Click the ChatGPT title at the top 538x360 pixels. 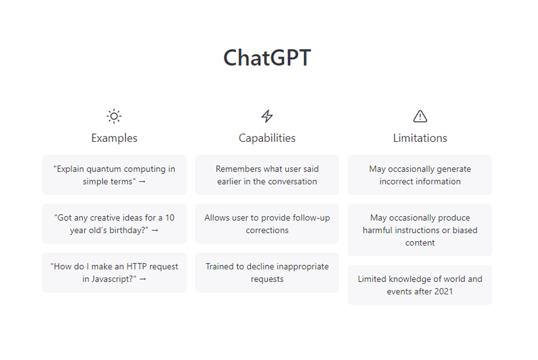click(267, 58)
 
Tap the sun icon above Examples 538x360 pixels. click(114, 116)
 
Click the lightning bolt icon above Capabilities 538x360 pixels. click(267, 116)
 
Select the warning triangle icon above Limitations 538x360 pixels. click(420, 116)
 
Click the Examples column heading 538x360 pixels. click(114, 138)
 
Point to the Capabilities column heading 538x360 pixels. click(267, 138)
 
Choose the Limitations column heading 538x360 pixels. click(420, 138)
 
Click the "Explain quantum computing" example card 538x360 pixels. click(114, 175)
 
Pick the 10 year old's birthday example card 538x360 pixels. click(114, 224)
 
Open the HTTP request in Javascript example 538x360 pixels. click(114, 273)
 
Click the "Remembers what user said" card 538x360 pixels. click(267, 175)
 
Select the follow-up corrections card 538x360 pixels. click(267, 224)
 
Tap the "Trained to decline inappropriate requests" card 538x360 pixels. click(267, 273)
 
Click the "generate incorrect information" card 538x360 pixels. click(420, 175)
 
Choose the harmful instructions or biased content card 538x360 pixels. click(420, 230)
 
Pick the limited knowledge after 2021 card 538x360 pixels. click(420, 285)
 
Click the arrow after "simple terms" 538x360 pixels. click(142, 182)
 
